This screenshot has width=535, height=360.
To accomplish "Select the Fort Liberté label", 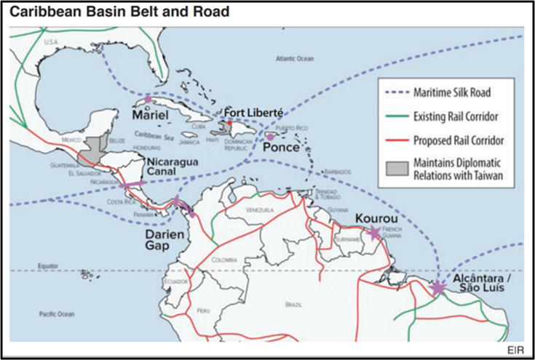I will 253,112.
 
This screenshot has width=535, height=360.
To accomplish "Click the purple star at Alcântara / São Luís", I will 437,289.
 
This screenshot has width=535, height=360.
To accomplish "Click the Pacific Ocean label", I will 57,313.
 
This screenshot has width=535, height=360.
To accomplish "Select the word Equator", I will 49,265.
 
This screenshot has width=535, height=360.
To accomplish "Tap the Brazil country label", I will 294,304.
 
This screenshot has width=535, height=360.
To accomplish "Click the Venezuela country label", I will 260,209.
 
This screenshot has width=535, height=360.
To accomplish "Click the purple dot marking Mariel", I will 148,98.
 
